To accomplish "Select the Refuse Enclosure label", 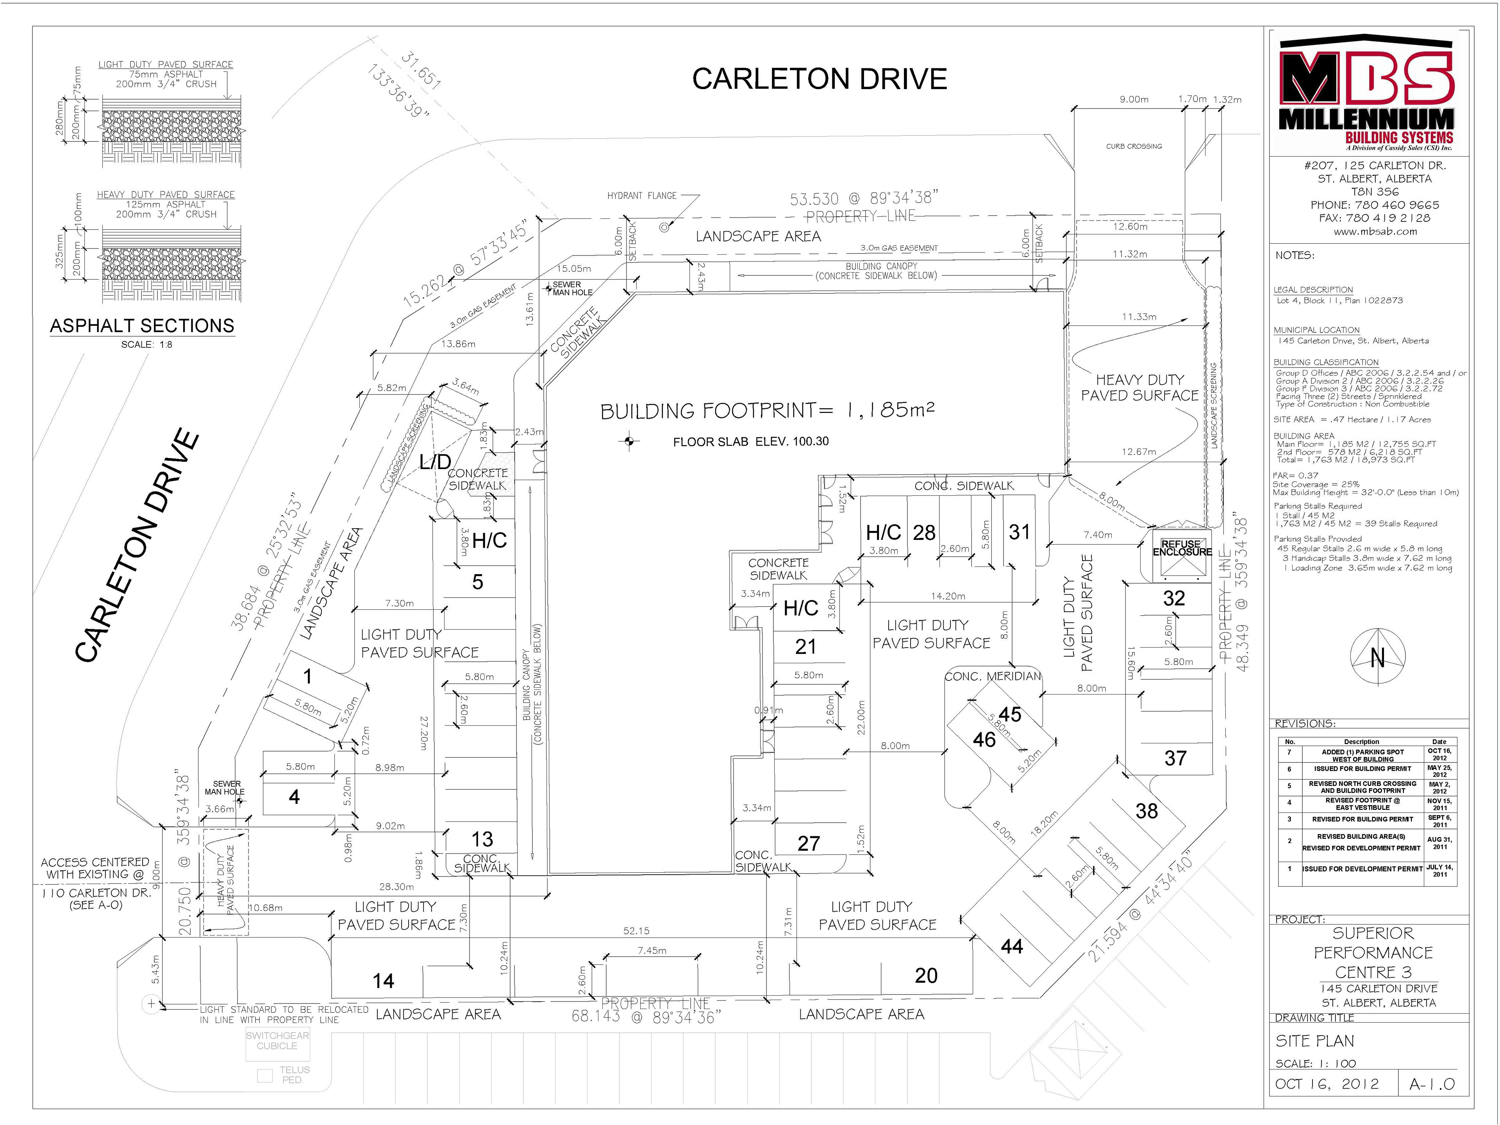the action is tap(1182, 548).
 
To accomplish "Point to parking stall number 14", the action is tap(383, 980).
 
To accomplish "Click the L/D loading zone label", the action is tap(435, 462).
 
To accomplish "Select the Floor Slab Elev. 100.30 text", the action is tap(751, 441).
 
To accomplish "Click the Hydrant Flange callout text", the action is tap(641, 196).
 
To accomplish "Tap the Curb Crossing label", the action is tap(1134, 146).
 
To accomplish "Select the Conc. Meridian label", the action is tap(992, 676).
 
